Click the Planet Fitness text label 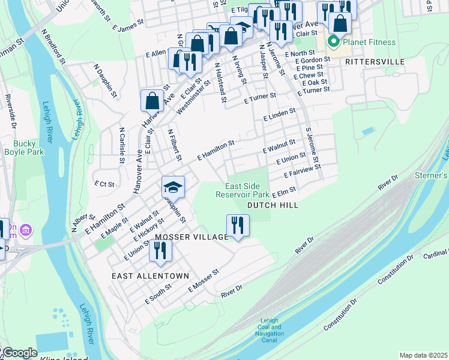point(369,42)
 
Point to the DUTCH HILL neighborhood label point(273,205)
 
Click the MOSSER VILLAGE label point(191,237)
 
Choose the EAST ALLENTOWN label point(150,275)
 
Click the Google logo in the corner point(19,353)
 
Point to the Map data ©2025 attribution point(423,355)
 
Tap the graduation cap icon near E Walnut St point(173,187)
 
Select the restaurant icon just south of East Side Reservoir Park point(238,226)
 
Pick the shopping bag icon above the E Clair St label point(152,100)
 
